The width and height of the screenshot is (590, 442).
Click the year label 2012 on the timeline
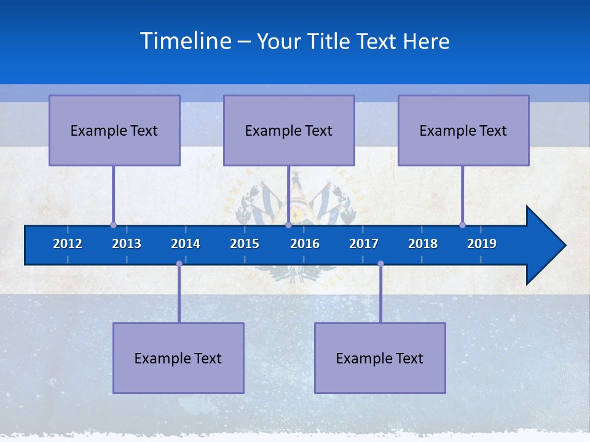68,244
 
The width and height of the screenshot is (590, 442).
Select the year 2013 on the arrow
127,244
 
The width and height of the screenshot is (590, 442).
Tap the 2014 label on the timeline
186,244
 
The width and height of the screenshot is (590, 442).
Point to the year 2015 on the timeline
245,244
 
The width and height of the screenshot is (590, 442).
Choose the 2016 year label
305,244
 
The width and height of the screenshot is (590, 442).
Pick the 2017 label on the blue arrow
364,244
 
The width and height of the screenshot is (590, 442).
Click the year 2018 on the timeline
423,244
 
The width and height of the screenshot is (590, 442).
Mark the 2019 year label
482,244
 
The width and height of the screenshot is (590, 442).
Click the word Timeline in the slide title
186,41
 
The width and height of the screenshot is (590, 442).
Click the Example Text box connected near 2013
114,130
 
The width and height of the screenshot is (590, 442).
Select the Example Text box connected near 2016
289,130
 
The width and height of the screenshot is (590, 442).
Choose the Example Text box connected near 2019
463,130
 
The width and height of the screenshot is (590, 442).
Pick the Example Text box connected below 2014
178,358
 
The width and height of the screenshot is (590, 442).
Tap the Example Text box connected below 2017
380,358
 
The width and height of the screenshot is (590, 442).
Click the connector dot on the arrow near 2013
113,225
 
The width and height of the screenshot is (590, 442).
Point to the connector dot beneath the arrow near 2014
179,264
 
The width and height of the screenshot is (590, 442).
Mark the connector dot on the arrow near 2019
462,225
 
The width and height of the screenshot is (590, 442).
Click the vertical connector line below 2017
380,295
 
